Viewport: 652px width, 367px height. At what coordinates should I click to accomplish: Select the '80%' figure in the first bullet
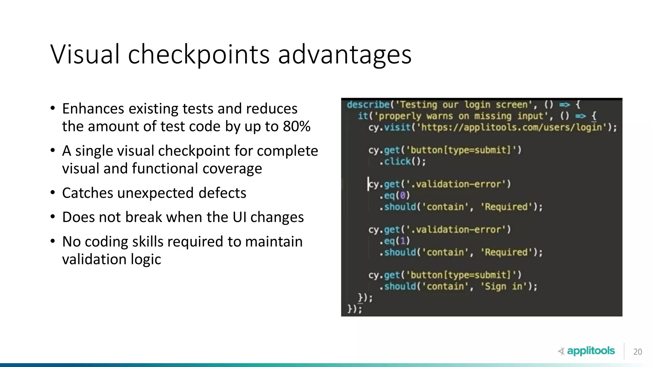pyautogui.click(x=296, y=126)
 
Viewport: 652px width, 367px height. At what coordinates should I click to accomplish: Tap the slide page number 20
pyautogui.click(x=637, y=352)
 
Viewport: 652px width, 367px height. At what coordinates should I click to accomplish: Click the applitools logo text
pyautogui.click(x=591, y=351)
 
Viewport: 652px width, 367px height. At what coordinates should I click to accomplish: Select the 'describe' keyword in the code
pyautogui.click(x=368, y=104)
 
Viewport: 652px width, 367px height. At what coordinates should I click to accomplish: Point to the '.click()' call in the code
pyautogui.click(x=402, y=162)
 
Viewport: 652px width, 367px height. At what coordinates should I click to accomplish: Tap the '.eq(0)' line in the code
pyautogui.click(x=394, y=195)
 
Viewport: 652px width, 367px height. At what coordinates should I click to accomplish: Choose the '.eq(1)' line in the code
pyautogui.click(x=394, y=241)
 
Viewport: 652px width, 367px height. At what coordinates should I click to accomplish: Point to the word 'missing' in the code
pyautogui.click(x=493, y=116)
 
